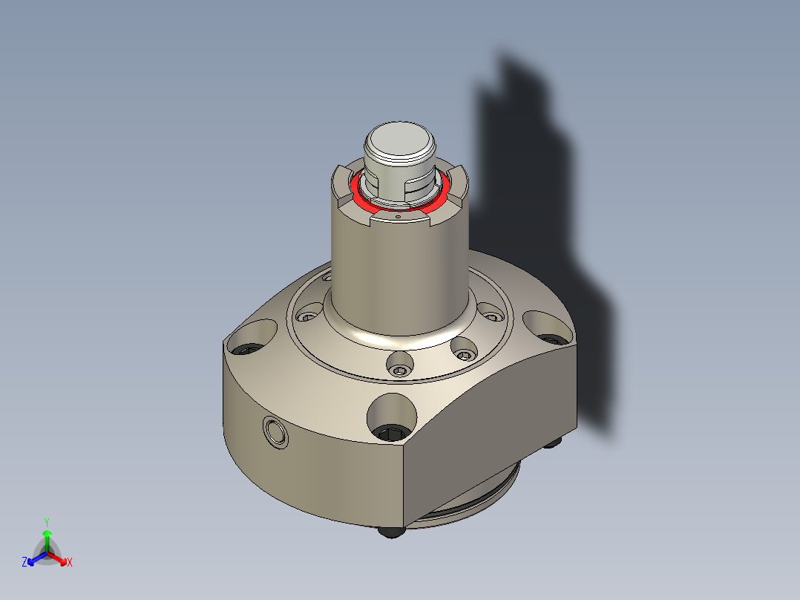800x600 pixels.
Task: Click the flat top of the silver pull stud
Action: coord(399,138)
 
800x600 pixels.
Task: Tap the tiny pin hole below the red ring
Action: coord(399,218)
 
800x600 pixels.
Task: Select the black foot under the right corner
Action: coord(554,443)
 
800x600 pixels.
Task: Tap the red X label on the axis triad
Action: coord(70,563)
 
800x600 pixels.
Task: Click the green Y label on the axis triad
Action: coord(46,522)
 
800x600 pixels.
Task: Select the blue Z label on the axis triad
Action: coord(24,562)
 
